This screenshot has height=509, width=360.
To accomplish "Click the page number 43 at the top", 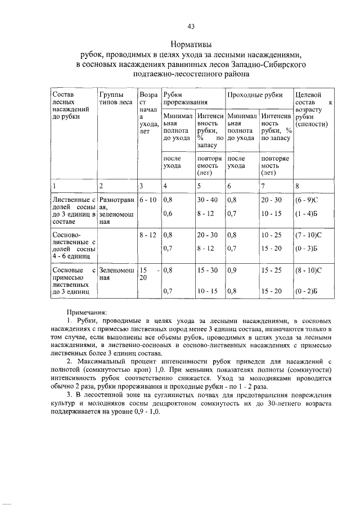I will pyautogui.click(x=190, y=26).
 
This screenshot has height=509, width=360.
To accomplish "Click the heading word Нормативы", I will pyautogui.click(x=190, y=43).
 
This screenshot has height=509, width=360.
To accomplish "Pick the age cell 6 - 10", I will pyautogui.click(x=148, y=199).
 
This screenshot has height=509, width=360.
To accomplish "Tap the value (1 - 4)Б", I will pyautogui.click(x=307, y=213).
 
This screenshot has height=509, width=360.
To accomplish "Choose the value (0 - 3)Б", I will pyautogui.click(x=307, y=247).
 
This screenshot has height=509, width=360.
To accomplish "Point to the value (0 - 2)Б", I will pyautogui.click(x=307, y=291).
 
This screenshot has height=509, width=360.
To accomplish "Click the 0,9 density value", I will pyautogui.click(x=231, y=269).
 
